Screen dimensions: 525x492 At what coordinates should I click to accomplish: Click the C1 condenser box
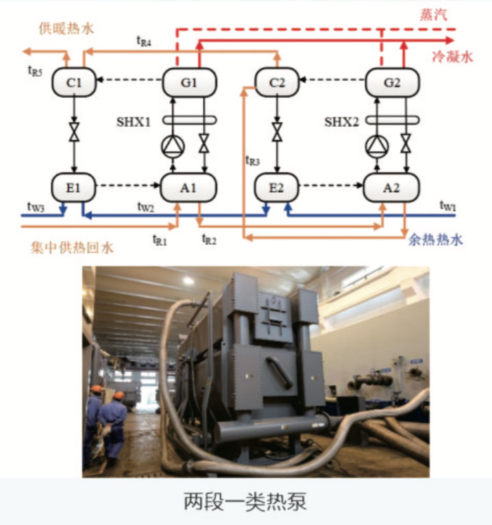point(73,83)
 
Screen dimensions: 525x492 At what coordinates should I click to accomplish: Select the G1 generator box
point(189,83)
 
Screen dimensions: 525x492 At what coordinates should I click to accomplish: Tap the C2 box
point(276,83)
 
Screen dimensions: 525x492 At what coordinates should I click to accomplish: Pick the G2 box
point(392,83)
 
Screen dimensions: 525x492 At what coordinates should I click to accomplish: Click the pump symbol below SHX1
point(173,145)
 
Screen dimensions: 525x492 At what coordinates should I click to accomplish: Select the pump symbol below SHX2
point(376,145)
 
